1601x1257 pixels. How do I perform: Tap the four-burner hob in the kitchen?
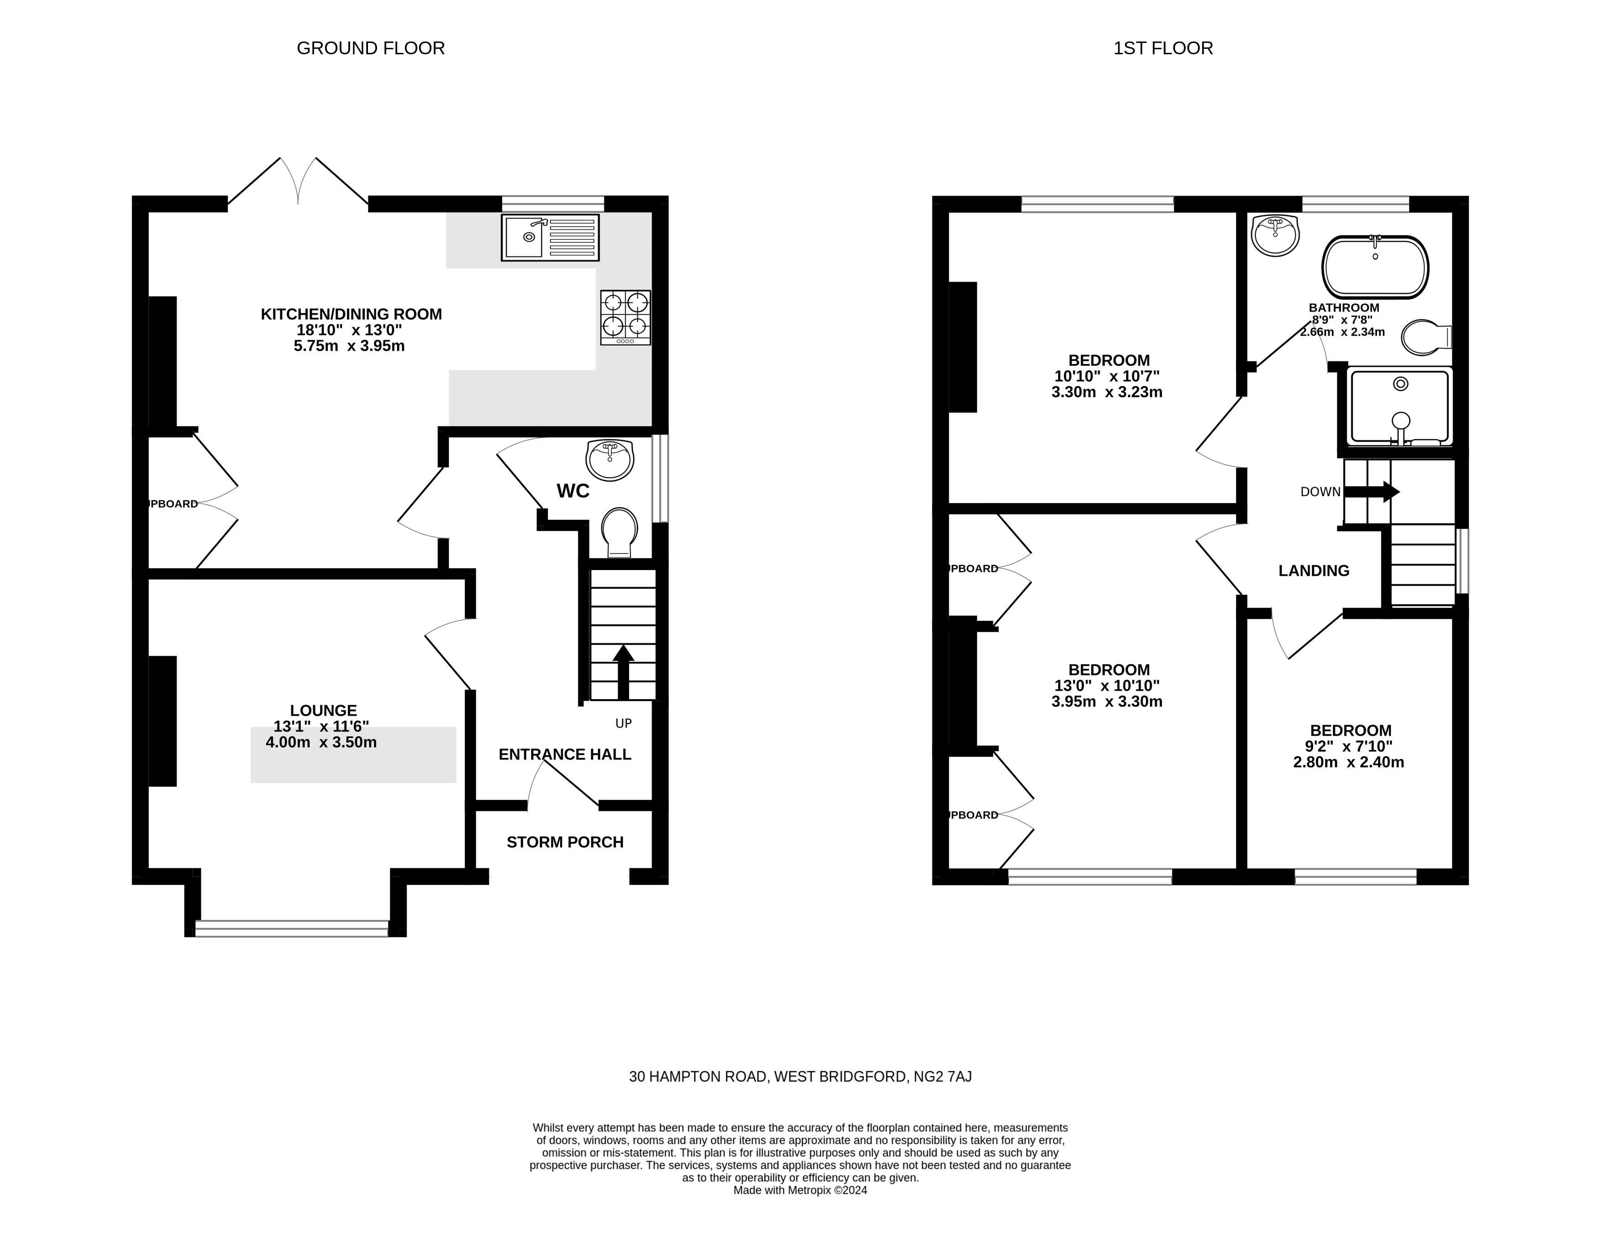(625, 317)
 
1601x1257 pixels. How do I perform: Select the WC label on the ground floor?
(573, 491)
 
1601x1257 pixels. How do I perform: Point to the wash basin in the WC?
(610, 460)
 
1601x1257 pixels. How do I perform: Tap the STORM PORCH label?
(565, 842)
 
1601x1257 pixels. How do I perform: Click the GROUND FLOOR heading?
(370, 48)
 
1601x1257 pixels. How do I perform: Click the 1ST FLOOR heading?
(1163, 48)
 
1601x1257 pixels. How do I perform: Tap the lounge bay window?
(292, 929)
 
